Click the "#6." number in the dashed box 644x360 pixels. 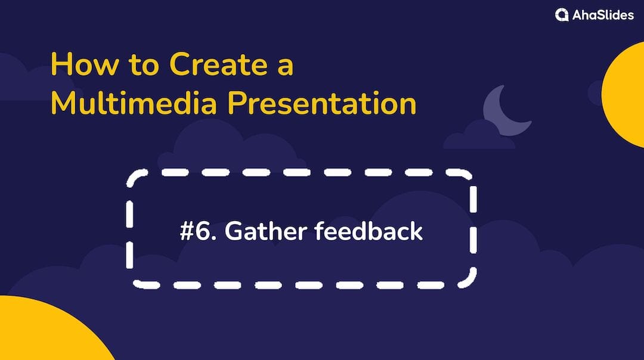pos(199,231)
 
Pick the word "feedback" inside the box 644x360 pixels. pos(369,231)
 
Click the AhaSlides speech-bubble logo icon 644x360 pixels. pos(562,15)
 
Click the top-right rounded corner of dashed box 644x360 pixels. pos(467,179)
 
